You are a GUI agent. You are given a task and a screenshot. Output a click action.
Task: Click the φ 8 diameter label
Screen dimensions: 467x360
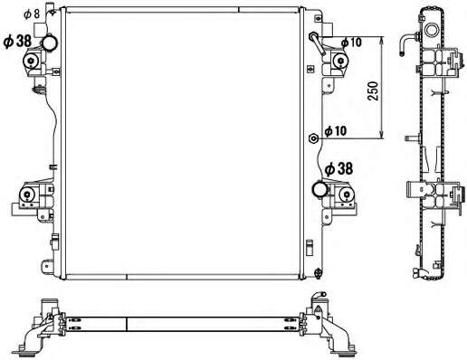click(x=32, y=14)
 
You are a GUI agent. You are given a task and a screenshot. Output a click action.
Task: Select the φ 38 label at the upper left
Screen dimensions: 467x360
click(x=17, y=42)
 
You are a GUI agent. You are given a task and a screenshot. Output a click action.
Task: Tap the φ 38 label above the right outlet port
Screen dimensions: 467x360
click(x=338, y=168)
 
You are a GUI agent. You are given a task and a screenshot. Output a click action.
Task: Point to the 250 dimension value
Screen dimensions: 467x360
click(x=373, y=90)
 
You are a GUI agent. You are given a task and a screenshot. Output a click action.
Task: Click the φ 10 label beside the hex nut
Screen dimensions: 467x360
click(x=336, y=131)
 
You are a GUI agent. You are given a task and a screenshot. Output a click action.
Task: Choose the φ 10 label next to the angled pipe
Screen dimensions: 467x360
click(x=351, y=43)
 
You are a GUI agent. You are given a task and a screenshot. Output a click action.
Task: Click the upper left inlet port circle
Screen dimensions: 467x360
click(x=50, y=43)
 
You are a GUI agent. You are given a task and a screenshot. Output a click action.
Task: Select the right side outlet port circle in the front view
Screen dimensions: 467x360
click(x=320, y=189)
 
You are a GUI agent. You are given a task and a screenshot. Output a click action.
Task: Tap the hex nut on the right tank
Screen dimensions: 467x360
click(x=314, y=138)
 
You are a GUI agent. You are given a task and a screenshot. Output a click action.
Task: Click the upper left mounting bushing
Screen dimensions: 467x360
click(x=31, y=62)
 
